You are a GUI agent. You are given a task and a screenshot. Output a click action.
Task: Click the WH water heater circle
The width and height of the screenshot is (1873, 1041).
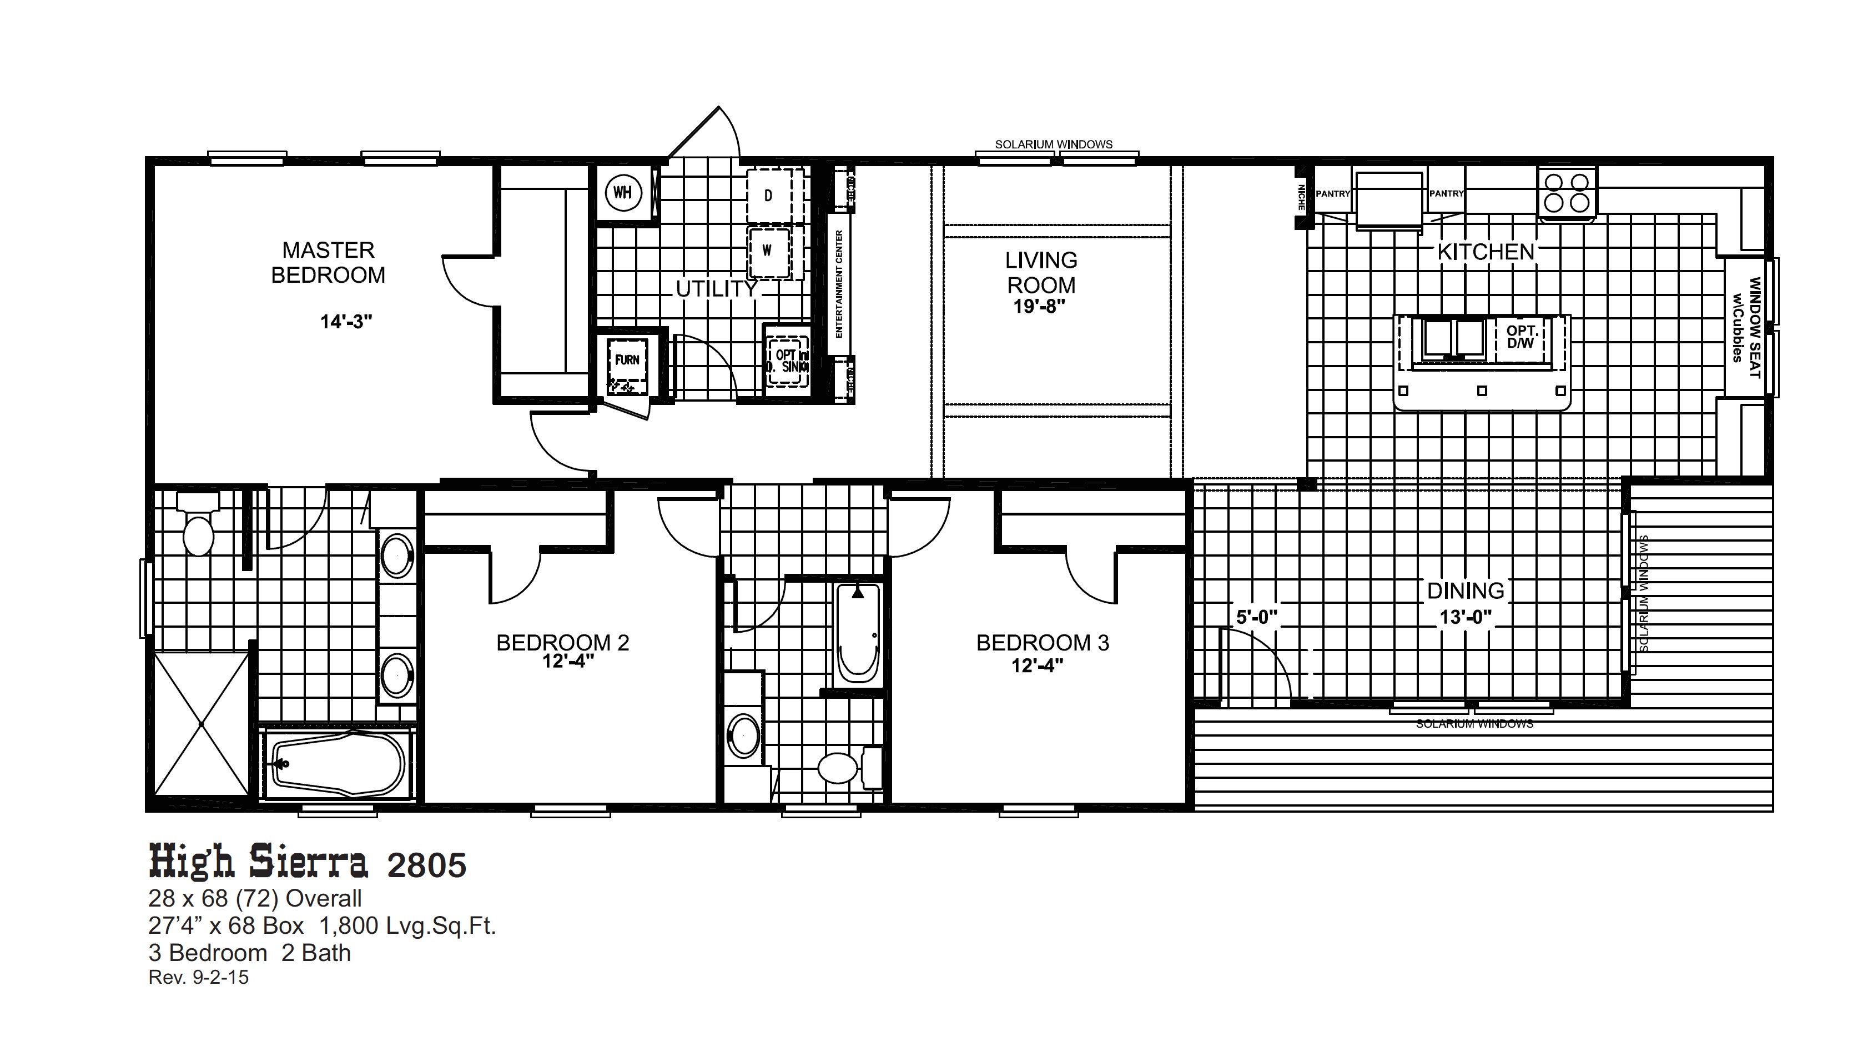pos(622,193)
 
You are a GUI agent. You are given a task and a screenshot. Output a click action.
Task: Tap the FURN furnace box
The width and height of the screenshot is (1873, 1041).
pos(627,360)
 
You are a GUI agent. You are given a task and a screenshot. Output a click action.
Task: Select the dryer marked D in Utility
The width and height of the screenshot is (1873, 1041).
pos(768,196)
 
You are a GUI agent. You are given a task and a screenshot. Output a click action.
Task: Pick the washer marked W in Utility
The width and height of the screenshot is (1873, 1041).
pos(767,250)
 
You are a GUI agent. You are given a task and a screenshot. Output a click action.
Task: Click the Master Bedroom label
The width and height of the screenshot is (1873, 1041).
pos(328,263)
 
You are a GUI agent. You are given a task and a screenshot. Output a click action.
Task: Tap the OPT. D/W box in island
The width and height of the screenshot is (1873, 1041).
pos(1521,338)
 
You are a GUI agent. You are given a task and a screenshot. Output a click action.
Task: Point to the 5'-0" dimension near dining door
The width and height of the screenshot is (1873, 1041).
pos(1256,618)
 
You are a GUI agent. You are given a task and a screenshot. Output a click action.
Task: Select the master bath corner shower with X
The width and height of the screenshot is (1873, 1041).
pos(202,724)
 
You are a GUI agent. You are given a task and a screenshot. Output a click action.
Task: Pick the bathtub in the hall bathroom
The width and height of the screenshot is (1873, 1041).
pos(858,633)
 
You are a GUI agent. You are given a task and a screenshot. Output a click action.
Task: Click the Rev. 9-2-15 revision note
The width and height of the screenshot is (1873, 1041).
pos(199,978)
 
